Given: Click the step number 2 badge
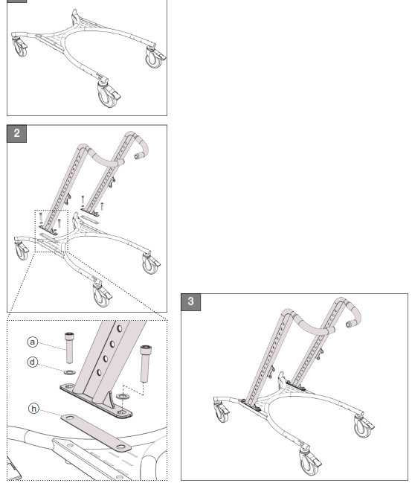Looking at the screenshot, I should (16, 135).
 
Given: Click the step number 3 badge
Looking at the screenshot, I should (191, 301).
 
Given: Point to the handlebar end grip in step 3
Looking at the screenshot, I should (350, 324).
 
